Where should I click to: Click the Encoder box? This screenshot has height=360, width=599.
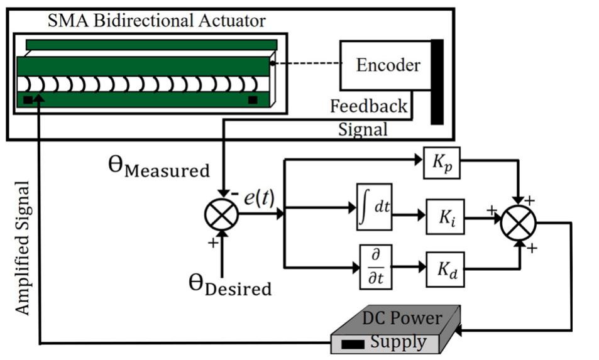click(x=385, y=65)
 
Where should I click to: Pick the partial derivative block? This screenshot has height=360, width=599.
click(x=375, y=267)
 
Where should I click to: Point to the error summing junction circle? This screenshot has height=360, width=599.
click(x=221, y=214)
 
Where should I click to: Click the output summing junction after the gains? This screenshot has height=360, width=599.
click(x=519, y=222)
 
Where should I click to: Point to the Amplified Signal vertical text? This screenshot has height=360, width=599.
click(x=22, y=248)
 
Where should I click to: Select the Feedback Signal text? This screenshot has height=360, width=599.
click(x=368, y=117)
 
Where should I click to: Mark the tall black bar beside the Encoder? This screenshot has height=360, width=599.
click(x=436, y=82)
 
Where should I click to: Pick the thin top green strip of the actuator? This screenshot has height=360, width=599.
click(x=151, y=45)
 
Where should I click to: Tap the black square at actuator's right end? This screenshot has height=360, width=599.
click(x=253, y=100)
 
